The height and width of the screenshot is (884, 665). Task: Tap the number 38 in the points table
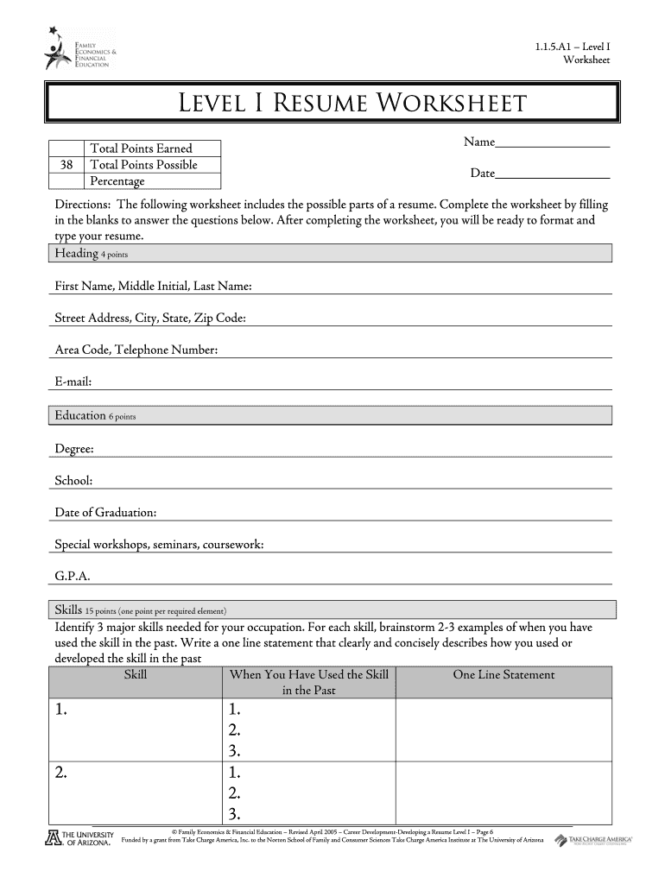(x=66, y=165)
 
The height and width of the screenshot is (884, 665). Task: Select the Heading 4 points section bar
(x=329, y=253)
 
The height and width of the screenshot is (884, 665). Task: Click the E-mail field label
(x=73, y=382)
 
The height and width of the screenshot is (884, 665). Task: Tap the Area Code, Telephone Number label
(x=136, y=350)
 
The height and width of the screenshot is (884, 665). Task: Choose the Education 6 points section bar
(x=329, y=416)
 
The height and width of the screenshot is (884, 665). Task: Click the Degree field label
(x=74, y=449)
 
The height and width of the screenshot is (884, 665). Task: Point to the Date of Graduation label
(x=105, y=514)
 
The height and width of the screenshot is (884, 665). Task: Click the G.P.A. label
(x=73, y=577)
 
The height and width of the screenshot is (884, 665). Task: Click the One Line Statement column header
(x=503, y=675)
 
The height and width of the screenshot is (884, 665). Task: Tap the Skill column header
(x=136, y=675)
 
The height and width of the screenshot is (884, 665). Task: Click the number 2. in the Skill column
(x=61, y=773)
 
